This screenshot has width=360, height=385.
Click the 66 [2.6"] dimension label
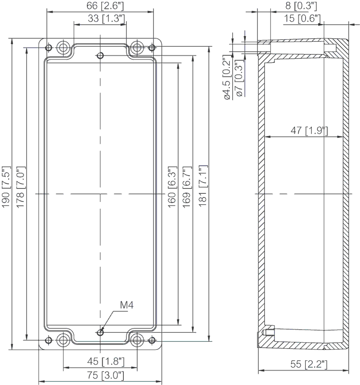[x=105, y=6]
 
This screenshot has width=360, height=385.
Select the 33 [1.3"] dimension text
[x=106, y=18]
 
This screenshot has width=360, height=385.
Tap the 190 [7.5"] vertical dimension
[x=6, y=187]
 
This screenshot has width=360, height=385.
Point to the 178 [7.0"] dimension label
[x=20, y=187]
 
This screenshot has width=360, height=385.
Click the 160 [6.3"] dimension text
[x=172, y=187]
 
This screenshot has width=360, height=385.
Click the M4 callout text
[x=127, y=305]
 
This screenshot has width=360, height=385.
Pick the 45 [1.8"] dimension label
[x=106, y=361]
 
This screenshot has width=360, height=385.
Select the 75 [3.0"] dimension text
[x=105, y=375]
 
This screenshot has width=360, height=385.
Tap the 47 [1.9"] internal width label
[x=310, y=130]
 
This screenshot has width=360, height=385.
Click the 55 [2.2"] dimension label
[x=309, y=364]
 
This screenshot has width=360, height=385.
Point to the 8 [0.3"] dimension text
[x=301, y=6]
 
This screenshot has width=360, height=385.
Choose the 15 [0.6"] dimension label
[x=302, y=18]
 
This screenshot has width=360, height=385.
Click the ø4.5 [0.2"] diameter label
[x=226, y=77]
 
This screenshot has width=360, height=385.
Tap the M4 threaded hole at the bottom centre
[x=100, y=332]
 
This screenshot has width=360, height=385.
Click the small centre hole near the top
[x=100, y=56]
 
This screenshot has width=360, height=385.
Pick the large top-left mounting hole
[x=63, y=47]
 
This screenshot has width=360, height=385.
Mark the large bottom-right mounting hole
[x=137, y=340]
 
